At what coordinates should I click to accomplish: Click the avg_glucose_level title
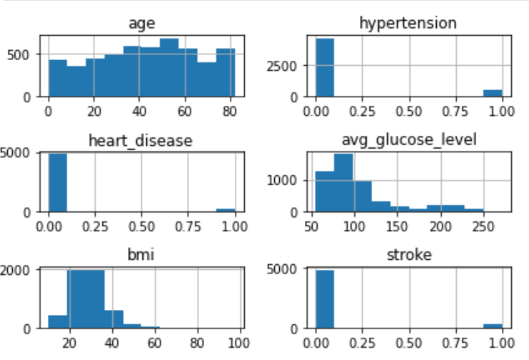click(x=407, y=140)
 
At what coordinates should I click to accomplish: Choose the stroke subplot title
click(x=407, y=256)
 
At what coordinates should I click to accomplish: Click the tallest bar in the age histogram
click(x=169, y=68)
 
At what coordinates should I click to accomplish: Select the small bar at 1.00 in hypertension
click(x=492, y=93)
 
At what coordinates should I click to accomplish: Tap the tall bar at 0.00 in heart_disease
click(x=57, y=183)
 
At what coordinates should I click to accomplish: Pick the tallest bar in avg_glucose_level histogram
click(x=344, y=183)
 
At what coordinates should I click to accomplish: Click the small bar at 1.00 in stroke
click(x=492, y=325)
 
